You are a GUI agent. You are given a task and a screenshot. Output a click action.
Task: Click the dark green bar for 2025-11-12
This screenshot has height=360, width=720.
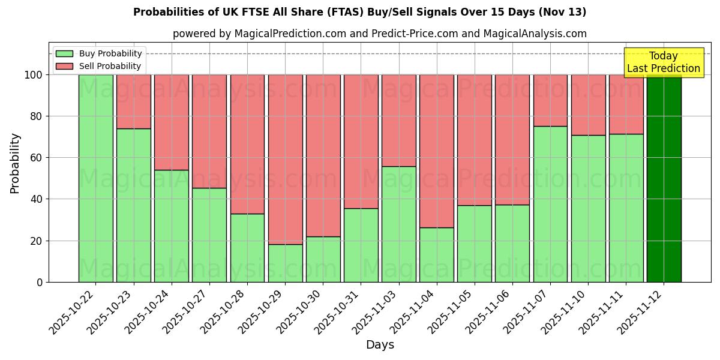coord(664,178)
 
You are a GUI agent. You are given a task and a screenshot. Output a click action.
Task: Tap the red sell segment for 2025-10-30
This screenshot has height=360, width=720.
coord(323,155)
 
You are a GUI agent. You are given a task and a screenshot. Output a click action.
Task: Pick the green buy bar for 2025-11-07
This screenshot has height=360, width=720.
coord(550,204)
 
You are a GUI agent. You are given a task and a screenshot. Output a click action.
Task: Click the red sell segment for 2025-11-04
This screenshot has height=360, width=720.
coord(437,151)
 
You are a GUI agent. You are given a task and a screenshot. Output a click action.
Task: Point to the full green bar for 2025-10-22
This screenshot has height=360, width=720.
coord(95,178)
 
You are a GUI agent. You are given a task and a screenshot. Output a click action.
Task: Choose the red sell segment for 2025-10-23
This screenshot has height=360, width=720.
coord(133,101)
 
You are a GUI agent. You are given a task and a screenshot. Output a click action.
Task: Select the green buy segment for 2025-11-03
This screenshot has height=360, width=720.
coord(398,224)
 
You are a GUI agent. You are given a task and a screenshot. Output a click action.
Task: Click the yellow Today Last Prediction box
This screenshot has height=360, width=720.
coord(664,62)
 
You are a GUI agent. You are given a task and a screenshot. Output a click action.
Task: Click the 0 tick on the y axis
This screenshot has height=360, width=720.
coord(39,282)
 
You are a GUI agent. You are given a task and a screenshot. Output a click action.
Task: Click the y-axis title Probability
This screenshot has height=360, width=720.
coord(15,163)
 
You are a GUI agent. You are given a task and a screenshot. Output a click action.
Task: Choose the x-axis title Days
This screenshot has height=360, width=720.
coord(380,345)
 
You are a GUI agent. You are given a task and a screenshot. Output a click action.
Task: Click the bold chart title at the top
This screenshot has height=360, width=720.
coord(359,12)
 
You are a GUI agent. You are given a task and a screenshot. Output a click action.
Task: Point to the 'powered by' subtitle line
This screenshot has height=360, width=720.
coord(379,34)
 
